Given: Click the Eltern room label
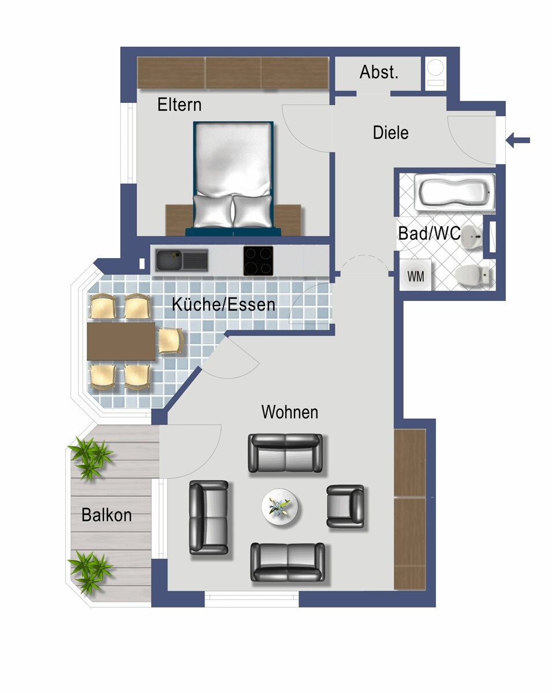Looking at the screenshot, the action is (x=179, y=105).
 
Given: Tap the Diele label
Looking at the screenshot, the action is (x=390, y=133).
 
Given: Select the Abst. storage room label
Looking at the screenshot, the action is (x=379, y=72).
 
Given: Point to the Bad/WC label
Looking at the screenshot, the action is (x=429, y=233).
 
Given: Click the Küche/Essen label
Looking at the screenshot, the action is (x=223, y=304).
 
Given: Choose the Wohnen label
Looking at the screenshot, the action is (x=289, y=412).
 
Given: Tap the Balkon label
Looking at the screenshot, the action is (x=107, y=515).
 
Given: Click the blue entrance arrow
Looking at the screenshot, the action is (x=517, y=140).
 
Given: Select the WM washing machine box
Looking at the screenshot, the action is (x=416, y=275).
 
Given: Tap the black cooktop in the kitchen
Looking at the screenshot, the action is (x=258, y=260).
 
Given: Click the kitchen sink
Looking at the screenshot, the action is (x=182, y=260).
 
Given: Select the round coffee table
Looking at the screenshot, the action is (x=279, y=508).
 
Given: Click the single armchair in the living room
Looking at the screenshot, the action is (x=345, y=506).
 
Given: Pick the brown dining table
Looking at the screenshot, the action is (x=121, y=341).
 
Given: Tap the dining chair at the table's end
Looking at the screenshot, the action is (x=171, y=341).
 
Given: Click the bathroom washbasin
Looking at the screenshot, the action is (x=472, y=236).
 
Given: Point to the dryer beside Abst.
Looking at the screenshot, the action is (x=435, y=73).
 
